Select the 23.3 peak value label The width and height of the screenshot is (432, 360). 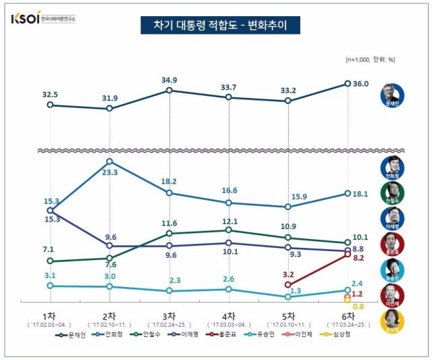(110, 172)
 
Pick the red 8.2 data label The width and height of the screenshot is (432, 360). (358, 258)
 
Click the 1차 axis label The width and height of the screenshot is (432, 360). (50, 315)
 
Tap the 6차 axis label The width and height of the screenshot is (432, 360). (348, 315)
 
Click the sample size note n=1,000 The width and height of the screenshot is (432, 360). (370, 59)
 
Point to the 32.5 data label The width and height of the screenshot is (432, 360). (50, 95)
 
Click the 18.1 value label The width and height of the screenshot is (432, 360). (361, 194)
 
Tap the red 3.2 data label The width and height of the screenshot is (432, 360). (288, 274)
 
